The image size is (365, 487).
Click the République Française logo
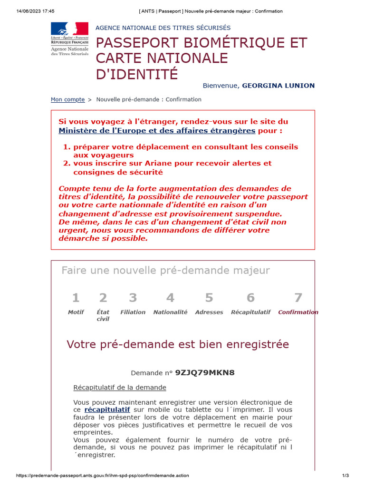click(x=69, y=39)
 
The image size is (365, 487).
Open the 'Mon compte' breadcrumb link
click(x=67, y=99)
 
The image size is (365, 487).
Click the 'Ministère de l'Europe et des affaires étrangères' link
click(x=157, y=130)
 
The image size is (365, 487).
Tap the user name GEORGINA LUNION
click(x=278, y=86)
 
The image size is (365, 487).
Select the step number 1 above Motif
click(x=75, y=298)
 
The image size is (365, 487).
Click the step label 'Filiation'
click(x=133, y=312)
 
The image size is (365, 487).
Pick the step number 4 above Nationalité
click(x=170, y=298)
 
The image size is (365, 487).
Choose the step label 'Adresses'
click(x=209, y=312)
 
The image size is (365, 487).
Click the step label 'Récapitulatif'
click(x=250, y=312)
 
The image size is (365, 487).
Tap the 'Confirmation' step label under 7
click(x=298, y=312)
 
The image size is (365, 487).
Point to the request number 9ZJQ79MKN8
click(x=205, y=372)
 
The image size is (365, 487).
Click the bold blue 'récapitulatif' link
click(x=107, y=409)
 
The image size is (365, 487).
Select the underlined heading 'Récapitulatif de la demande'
click(x=120, y=388)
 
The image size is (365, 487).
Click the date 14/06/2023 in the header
click(x=28, y=11)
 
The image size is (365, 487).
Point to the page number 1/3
click(x=346, y=476)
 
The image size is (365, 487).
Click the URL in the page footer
click(x=102, y=476)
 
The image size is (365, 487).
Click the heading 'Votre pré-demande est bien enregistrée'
click(x=178, y=344)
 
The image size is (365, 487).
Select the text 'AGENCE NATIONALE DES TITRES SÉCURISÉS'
click(x=163, y=28)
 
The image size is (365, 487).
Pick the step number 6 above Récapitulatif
click(x=250, y=298)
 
